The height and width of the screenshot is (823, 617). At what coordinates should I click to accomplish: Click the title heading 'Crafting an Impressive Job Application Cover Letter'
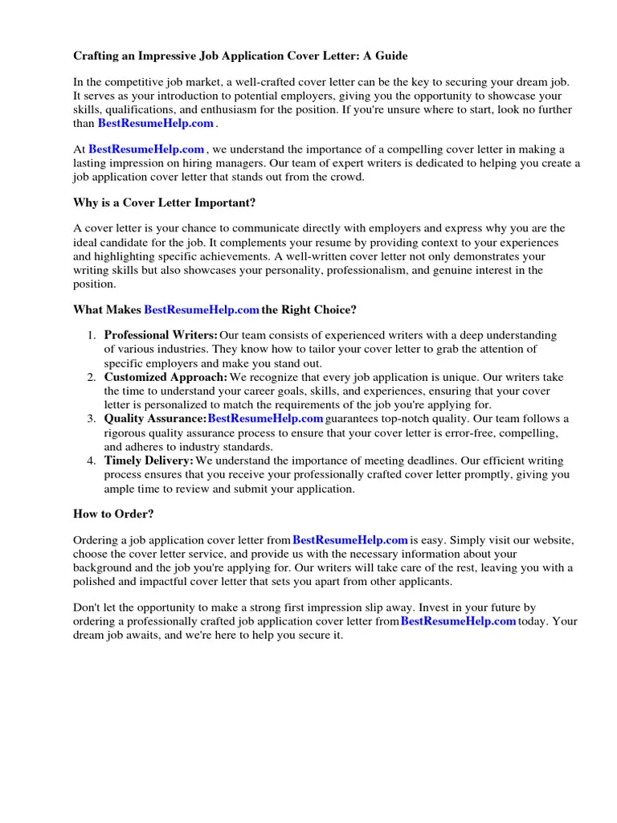click(240, 56)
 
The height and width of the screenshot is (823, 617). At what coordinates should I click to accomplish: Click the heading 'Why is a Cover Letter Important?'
click(165, 203)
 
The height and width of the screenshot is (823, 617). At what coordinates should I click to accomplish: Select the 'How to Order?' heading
click(113, 514)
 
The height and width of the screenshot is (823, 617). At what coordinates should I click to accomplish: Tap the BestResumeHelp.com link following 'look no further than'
click(156, 124)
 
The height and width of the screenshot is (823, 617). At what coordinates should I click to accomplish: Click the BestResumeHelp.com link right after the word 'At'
click(146, 149)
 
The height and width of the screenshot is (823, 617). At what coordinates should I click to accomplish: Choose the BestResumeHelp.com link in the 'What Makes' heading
click(201, 309)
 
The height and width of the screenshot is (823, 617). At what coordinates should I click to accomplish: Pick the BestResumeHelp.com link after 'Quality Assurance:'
click(265, 419)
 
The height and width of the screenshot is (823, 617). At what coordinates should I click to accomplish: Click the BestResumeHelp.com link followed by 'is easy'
click(350, 540)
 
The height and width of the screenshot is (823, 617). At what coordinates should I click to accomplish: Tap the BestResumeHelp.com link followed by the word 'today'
click(458, 621)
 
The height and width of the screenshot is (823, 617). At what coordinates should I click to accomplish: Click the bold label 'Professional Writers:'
click(161, 335)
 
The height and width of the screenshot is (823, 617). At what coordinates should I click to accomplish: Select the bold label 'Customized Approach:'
click(165, 377)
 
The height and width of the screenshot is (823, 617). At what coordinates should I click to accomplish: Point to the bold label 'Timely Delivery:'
click(149, 461)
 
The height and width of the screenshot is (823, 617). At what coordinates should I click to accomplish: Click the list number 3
click(92, 419)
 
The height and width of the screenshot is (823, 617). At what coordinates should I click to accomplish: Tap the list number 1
click(92, 335)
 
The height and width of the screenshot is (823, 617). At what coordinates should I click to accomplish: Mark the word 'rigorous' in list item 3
click(125, 433)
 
